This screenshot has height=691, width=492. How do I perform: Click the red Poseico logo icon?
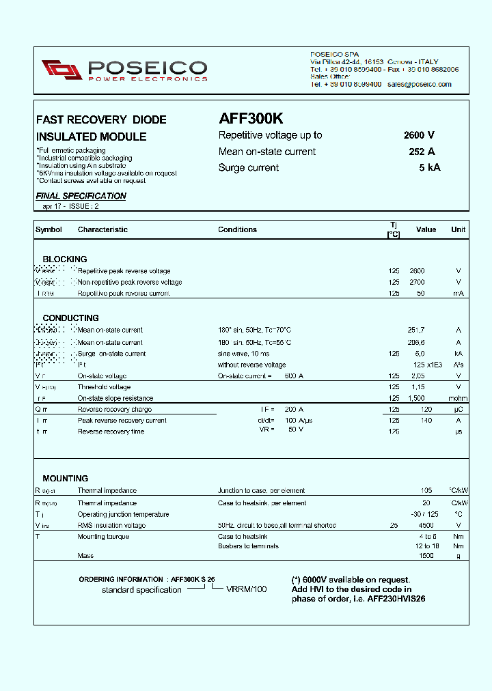(x=62, y=69)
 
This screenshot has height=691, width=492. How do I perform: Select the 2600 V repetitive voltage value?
(x=419, y=135)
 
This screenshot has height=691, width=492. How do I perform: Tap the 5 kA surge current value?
(x=430, y=168)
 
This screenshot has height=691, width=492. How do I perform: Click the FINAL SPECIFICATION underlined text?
(x=81, y=196)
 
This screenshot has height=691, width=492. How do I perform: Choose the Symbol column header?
(x=49, y=230)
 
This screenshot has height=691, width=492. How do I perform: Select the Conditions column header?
(x=237, y=230)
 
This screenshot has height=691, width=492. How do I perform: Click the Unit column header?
(x=458, y=230)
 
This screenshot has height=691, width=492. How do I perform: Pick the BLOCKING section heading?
(x=65, y=259)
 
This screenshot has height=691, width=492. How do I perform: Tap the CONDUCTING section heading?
(x=70, y=318)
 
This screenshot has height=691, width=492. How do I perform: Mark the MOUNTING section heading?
(x=65, y=479)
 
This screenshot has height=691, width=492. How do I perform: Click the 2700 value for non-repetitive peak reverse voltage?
(x=417, y=282)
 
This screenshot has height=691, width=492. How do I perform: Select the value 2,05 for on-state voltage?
(x=417, y=376)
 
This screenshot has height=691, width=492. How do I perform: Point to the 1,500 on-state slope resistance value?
(x=417, y=398)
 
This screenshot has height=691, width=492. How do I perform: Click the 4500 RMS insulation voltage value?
(x=426, y=526)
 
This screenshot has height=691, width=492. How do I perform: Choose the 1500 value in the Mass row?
(x=426, y=556)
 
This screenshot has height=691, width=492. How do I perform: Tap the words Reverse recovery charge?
(x=114, y=410)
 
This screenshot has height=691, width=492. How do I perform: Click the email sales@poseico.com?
(x=419, y=85)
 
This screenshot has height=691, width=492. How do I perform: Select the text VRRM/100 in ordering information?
(x=247, y=589)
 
